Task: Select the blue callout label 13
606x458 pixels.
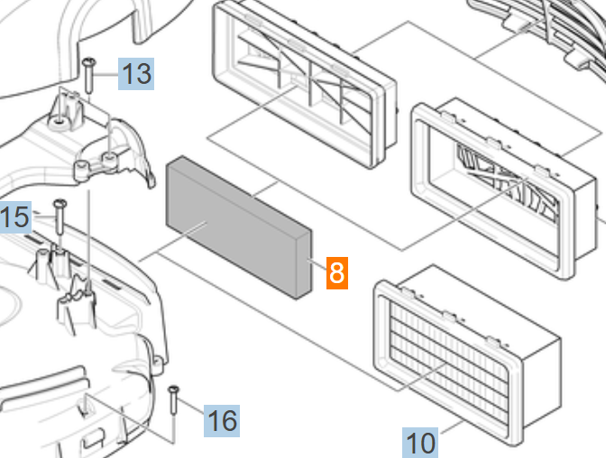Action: [x=136, y=73]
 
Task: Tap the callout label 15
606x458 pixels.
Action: [x=14, y=217]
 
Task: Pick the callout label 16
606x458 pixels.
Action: [x=222, y=420]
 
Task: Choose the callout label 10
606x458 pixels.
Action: [x=420, y=443]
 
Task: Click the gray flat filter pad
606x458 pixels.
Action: [x=234, y=221]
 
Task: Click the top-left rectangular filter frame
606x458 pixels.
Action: [x=302, y=86]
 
